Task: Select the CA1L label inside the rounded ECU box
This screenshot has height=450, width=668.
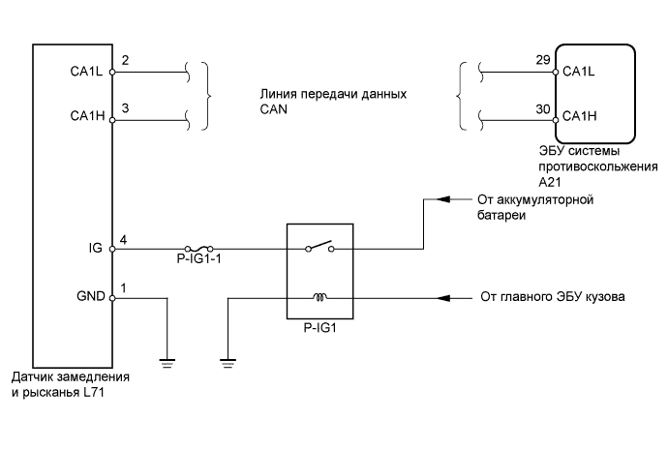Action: point(578,72)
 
